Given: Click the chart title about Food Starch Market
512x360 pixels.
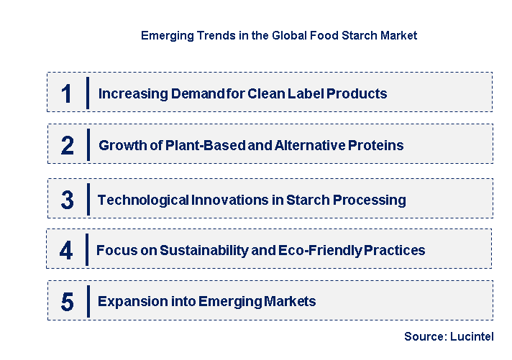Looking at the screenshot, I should (278, 34).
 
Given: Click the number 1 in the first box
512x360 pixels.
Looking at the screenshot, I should (67, 93).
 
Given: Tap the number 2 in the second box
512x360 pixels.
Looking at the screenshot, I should (67, 146).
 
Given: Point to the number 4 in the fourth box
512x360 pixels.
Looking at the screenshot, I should (66, 251).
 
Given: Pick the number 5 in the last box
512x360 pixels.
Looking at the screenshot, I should (67, 302).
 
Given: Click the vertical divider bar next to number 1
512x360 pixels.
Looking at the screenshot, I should (88, 93).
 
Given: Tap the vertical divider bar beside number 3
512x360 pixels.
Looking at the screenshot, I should (88, 199).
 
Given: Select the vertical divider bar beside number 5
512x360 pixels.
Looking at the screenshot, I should (88, 301).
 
